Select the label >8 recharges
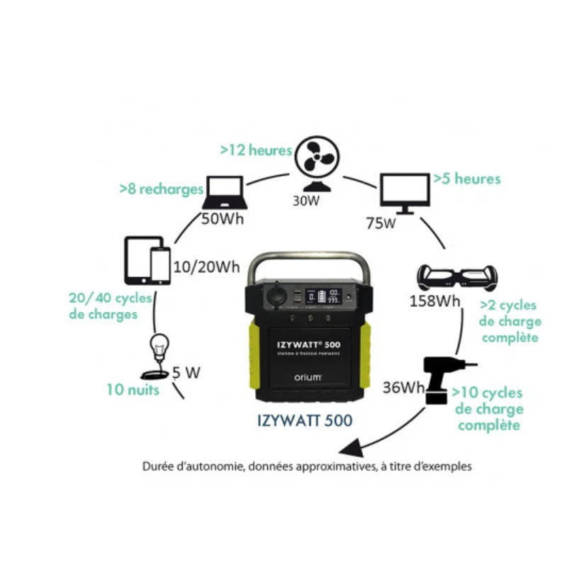pyautogui.click(x=162, y=190)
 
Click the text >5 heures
pyautogui.click(x=467, y=179)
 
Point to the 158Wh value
pyautogui.click(x=434, y=301)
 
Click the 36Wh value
pyautogui.click(x=403, y=388)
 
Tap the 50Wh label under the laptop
pyautogui.click(x=223, y=218)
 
